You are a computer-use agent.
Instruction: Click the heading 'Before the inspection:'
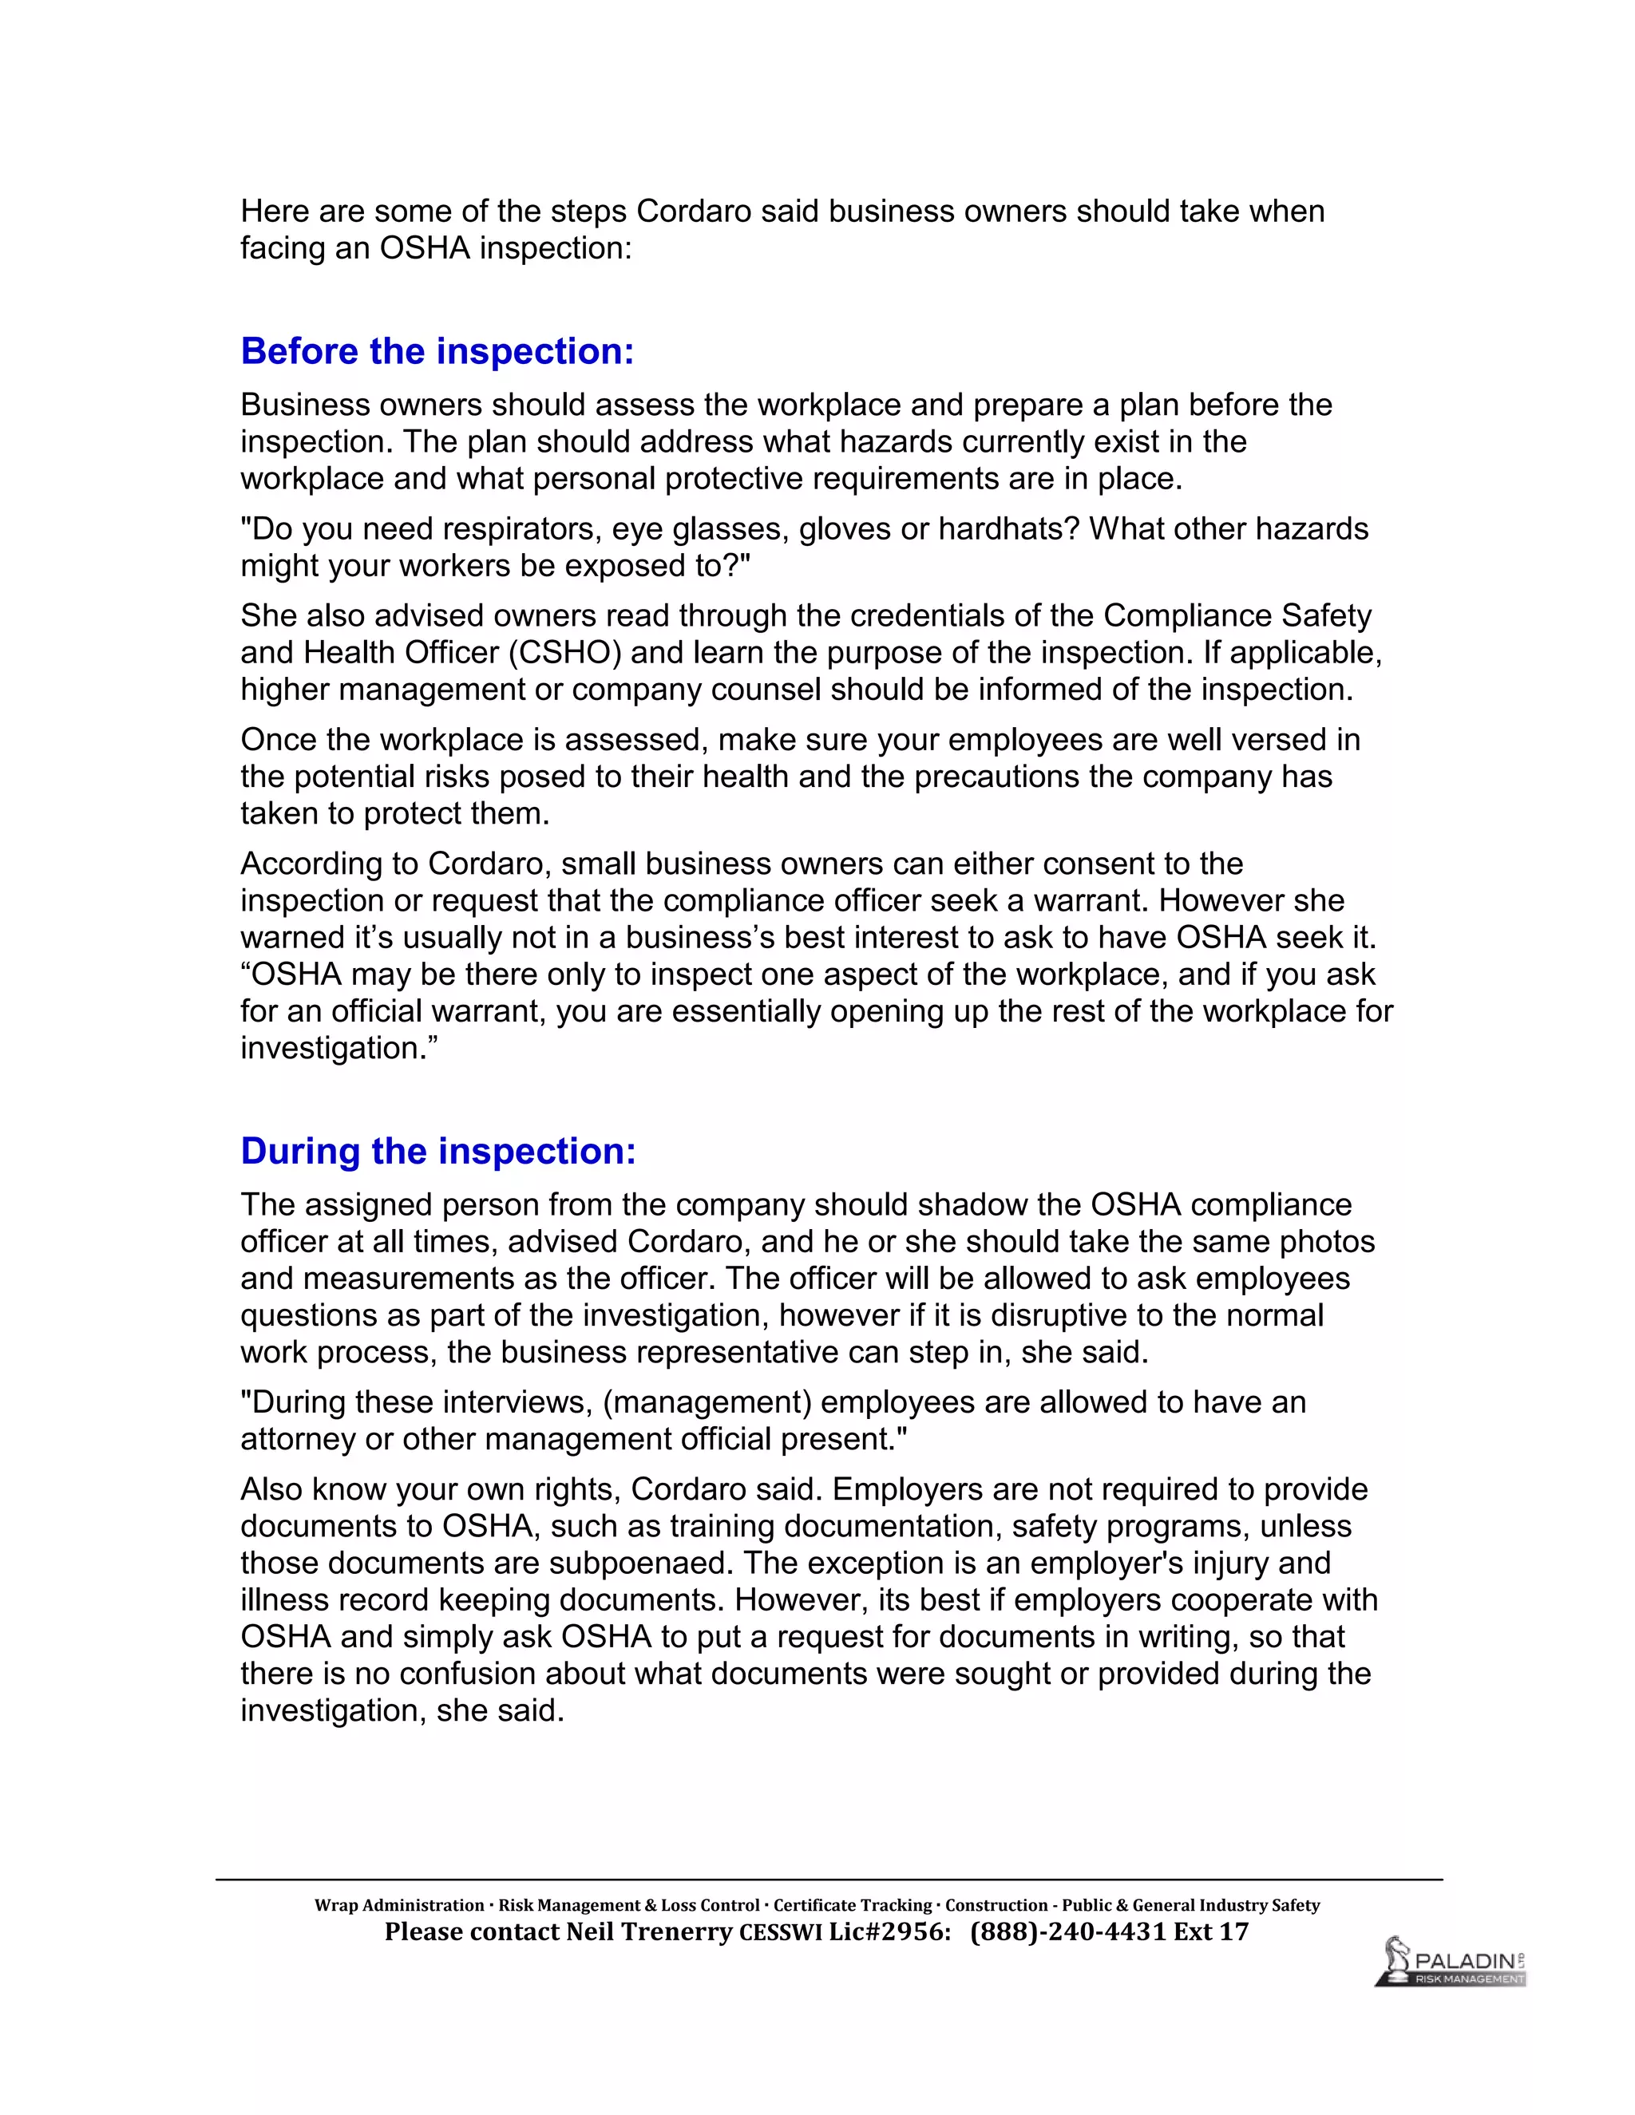click(437, 351)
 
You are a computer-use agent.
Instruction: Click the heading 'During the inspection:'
click(437, 1152)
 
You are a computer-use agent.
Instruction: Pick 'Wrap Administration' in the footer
click(399, 1905)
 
